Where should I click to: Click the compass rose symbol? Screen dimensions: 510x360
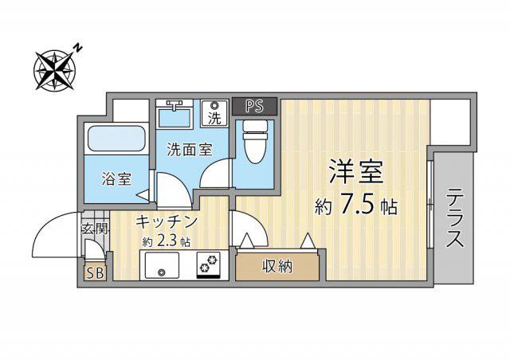55,70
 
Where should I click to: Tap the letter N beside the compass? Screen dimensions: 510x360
78,48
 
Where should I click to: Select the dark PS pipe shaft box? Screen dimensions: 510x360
255,107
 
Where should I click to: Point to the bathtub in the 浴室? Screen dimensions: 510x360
116,139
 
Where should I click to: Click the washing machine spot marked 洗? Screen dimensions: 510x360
214,113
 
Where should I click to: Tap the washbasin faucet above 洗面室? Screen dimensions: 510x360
175,104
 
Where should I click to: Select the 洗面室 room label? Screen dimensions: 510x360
190,150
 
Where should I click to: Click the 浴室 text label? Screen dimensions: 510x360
116,178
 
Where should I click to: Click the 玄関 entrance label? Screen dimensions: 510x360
94,229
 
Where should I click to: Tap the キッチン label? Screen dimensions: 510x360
167,222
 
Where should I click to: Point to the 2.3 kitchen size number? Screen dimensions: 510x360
166,241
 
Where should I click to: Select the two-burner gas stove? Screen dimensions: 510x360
208,264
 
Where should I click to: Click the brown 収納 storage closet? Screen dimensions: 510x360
277,267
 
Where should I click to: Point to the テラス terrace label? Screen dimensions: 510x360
454,218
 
